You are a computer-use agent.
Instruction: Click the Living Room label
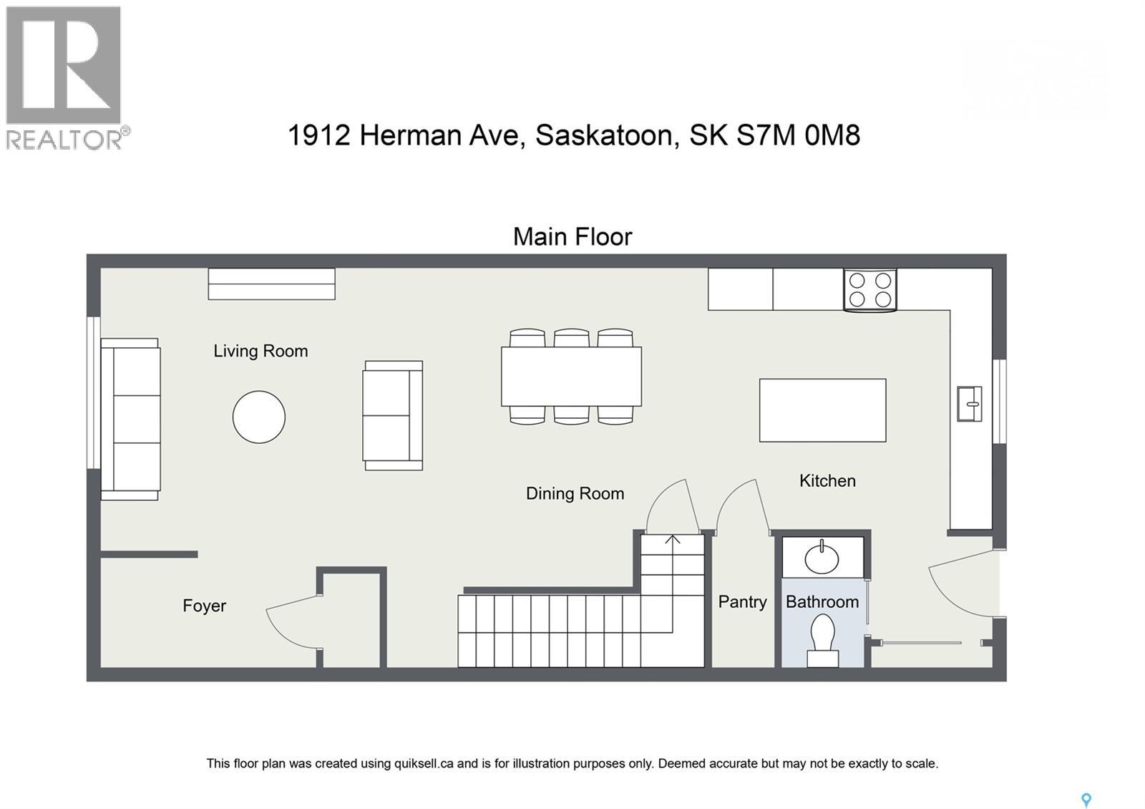260,351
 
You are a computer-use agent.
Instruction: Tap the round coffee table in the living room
259,417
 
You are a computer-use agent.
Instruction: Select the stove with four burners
869,290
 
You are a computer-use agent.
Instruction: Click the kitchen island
822,410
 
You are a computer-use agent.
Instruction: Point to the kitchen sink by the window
970,404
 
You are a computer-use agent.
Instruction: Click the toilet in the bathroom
822,641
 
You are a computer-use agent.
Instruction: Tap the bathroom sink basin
822,558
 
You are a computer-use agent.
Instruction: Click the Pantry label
742,602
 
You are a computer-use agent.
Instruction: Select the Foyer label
204,606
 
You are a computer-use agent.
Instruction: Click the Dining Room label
575,493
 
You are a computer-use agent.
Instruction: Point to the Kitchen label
827,480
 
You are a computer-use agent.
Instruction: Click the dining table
571,377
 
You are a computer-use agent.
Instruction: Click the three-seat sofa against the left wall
130,419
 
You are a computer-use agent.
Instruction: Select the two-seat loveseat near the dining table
393,415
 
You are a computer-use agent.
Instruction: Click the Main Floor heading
572,237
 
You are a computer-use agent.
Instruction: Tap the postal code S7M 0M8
798,135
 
